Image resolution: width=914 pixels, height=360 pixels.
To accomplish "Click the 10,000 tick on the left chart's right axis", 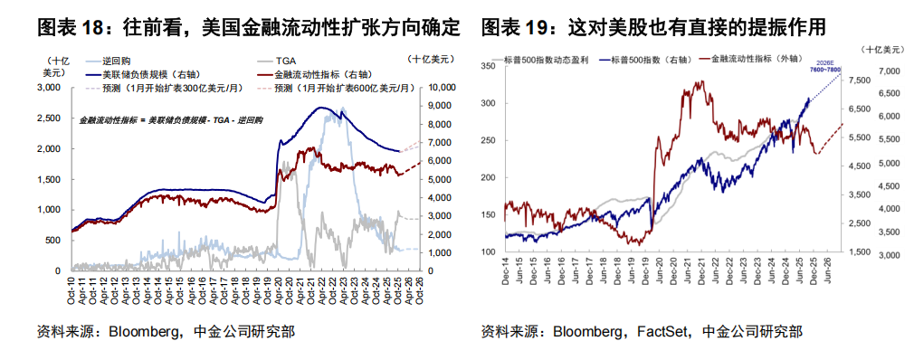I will point(442,88).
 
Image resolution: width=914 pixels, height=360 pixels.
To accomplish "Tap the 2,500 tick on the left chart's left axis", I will point(47,118).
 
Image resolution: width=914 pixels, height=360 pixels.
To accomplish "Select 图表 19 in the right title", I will point(517,28).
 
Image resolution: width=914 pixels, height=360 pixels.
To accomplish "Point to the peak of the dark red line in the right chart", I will point(699,82).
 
